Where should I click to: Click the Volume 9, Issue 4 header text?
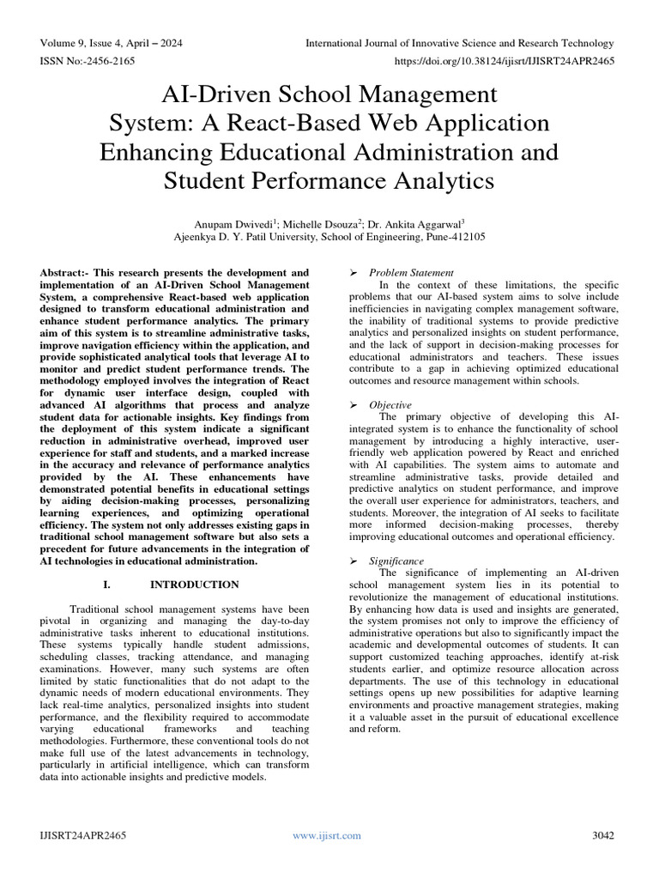[111, 44]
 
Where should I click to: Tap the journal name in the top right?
[459, 44]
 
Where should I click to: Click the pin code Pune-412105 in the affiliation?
[453, 233]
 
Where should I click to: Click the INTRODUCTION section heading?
[195, 585]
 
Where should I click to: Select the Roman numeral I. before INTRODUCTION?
[107, 585]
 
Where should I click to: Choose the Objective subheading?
[390, 405]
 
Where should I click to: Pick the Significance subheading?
[396, 561]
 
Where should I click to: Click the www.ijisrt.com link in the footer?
[327, 835]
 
